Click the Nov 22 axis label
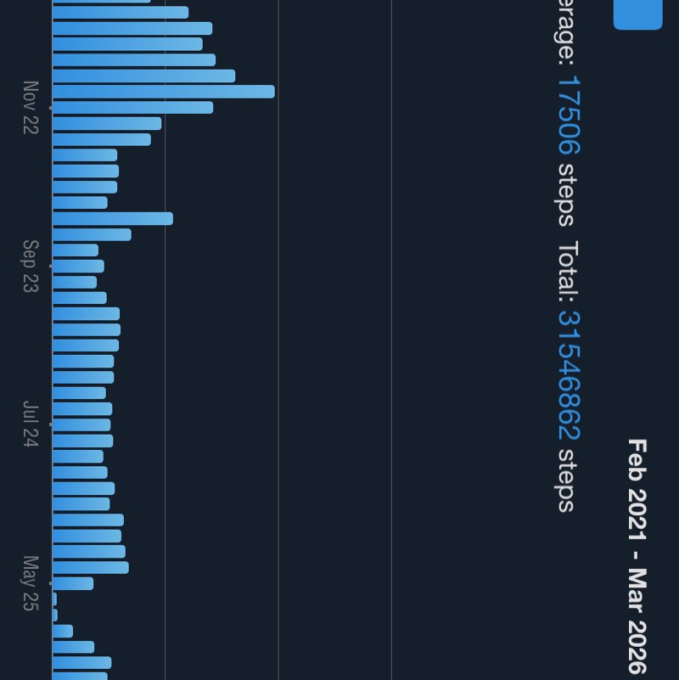pyautogui.click(x=31, y=108)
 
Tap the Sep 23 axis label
pyautogui.click(x=31, y=267)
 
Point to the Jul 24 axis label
pyautogui.click(x=31, y=424)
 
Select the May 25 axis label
pyautogui.click(x=31, y=583)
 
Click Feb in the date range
pyautogui.click(x=637, y=458)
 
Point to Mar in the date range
pyautogui.click(x=637, y=586)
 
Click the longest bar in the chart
pyautogui.click(x=163, y=92)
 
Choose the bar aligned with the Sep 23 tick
pyautogui.click(x=78, y=267)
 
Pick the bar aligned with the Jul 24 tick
pyautogui.click(x=81, y=425)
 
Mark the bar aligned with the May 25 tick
pyautogui.click(x=73, y=584)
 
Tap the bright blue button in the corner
pyautogui.click(x=637, y=14)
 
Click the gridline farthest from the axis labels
pyautogui.click(x=391, y=340)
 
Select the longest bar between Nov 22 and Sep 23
pyautogui.click(x=113, y=219)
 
